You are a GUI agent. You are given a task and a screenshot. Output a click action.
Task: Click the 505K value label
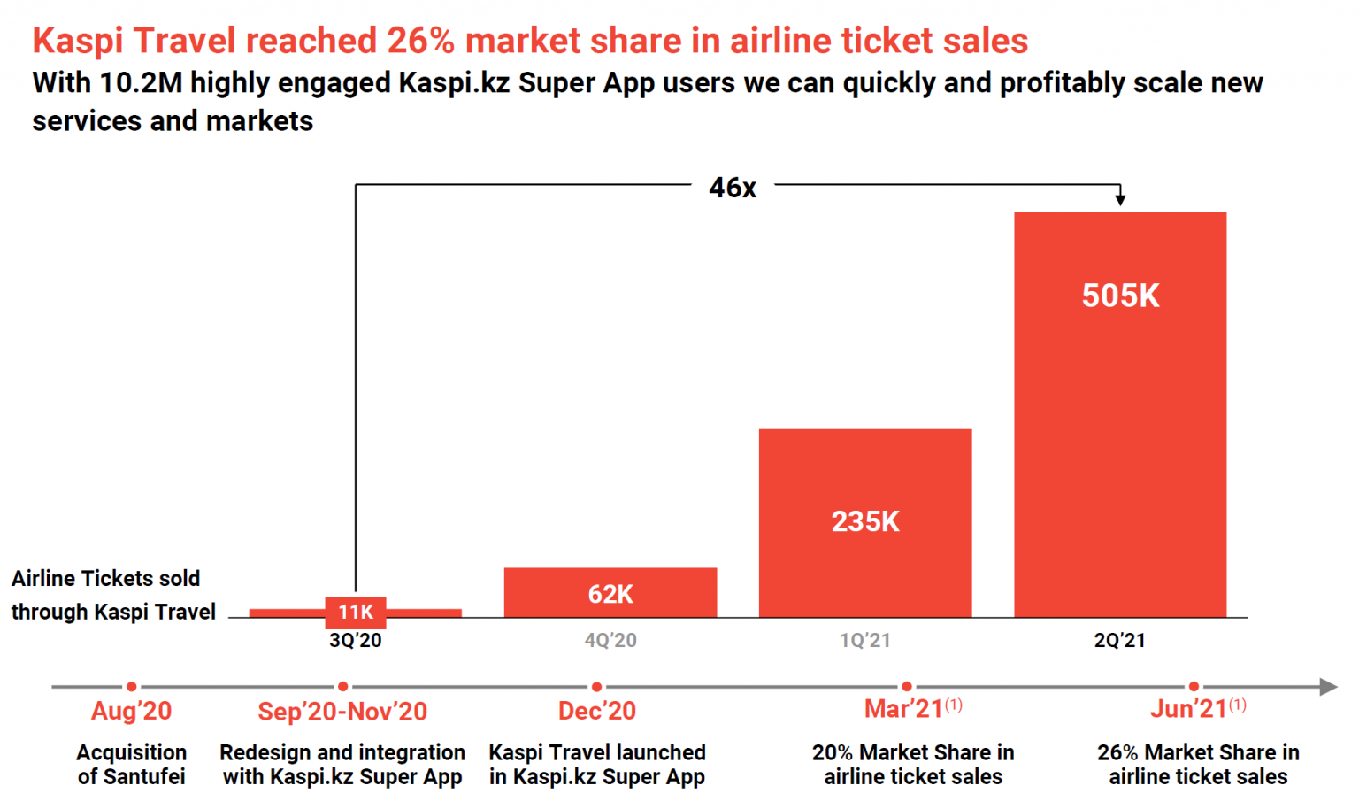click(x=1120, y=296)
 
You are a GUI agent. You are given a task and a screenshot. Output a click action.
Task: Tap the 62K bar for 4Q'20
click(x=610, y=592)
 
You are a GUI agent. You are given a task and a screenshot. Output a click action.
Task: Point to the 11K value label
click(x=356, y=612)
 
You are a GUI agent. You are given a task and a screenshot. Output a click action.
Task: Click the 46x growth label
click(x=733, y=188)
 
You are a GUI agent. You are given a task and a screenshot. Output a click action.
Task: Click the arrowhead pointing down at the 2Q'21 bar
click(x=1120, y=199)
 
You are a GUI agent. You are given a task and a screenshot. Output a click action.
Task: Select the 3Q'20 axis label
click(x=356, y=641)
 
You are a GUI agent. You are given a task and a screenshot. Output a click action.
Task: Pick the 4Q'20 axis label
click(x=610, y=641)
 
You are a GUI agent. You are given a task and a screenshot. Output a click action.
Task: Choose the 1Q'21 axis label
click(x=864, y=641)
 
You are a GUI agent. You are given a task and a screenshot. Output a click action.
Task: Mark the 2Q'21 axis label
click(x=1119, y=641)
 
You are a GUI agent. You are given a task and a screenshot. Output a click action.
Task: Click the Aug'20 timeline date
click(x=131, y=711)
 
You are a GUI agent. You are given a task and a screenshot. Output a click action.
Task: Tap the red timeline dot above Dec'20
click(x=597, y=687)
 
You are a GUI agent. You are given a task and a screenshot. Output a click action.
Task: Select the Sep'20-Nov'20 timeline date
click(x=342, y=712)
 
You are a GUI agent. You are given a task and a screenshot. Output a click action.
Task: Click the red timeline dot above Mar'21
click(x=907, y=687)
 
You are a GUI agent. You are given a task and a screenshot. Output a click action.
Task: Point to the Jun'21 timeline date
click(x=1188, y=710)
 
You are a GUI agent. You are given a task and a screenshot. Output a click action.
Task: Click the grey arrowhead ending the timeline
click(x=1328, y=687)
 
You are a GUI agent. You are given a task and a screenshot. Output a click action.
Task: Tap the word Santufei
click(x=144, y=777)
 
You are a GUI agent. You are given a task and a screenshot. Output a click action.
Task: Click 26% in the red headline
click(x=420, y=41)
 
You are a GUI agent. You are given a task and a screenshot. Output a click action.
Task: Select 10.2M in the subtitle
click(x=141, y=83)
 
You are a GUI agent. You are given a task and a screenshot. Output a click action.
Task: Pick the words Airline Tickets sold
click(x=106, y=579)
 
